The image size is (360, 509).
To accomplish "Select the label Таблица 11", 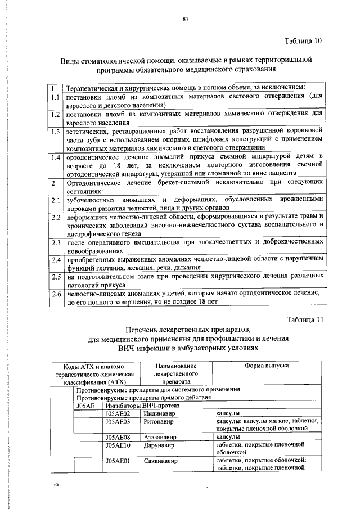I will point(304,319).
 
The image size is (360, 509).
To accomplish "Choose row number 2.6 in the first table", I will point(55,294).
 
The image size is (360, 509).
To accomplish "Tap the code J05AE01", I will point(118,461).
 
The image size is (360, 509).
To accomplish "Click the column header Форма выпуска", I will point(267,366).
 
